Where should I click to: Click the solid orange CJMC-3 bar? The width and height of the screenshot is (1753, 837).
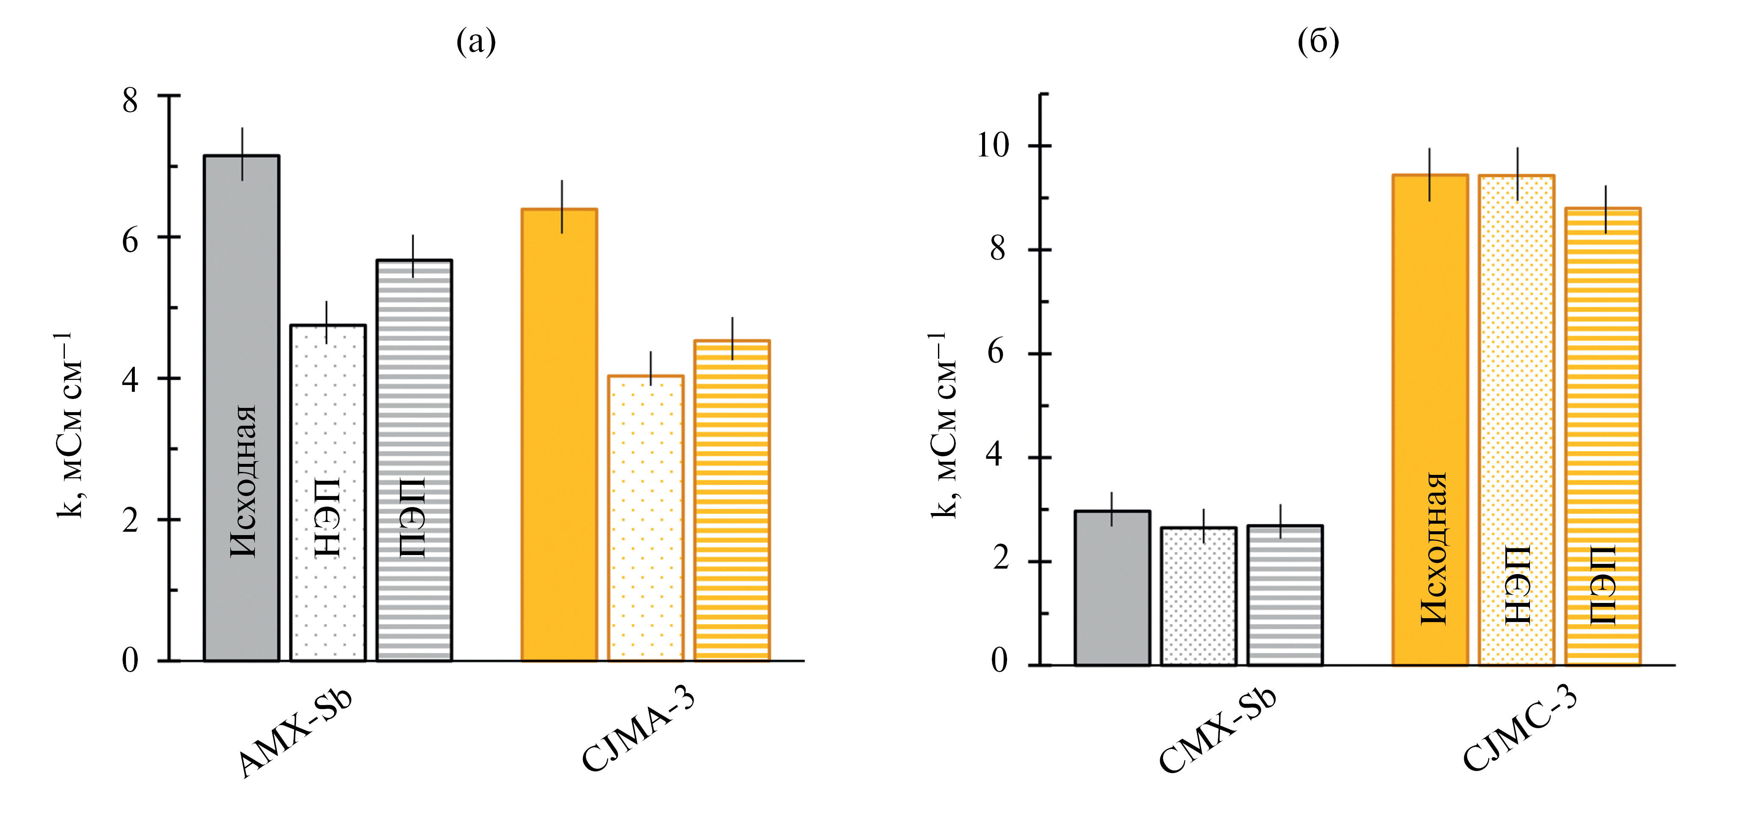[1430, 340]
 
